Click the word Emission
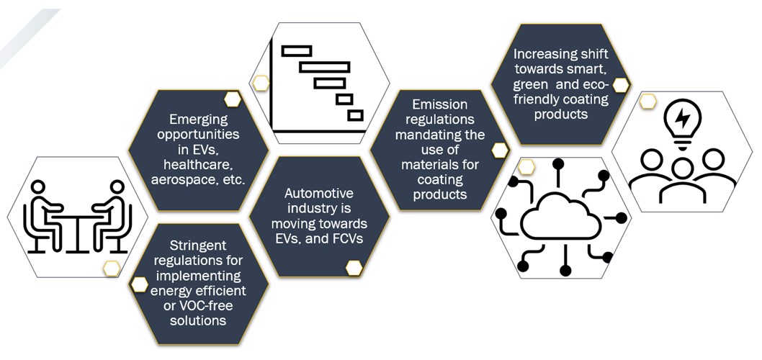coord(440,104)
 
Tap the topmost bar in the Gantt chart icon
coord(296,50)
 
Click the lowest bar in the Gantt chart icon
coord(355,115)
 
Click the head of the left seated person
coord(40,189)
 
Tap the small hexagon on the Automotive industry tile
coord(354,268)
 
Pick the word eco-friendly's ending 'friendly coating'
coord(561,99)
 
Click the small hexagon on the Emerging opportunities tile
coord(232,99)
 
